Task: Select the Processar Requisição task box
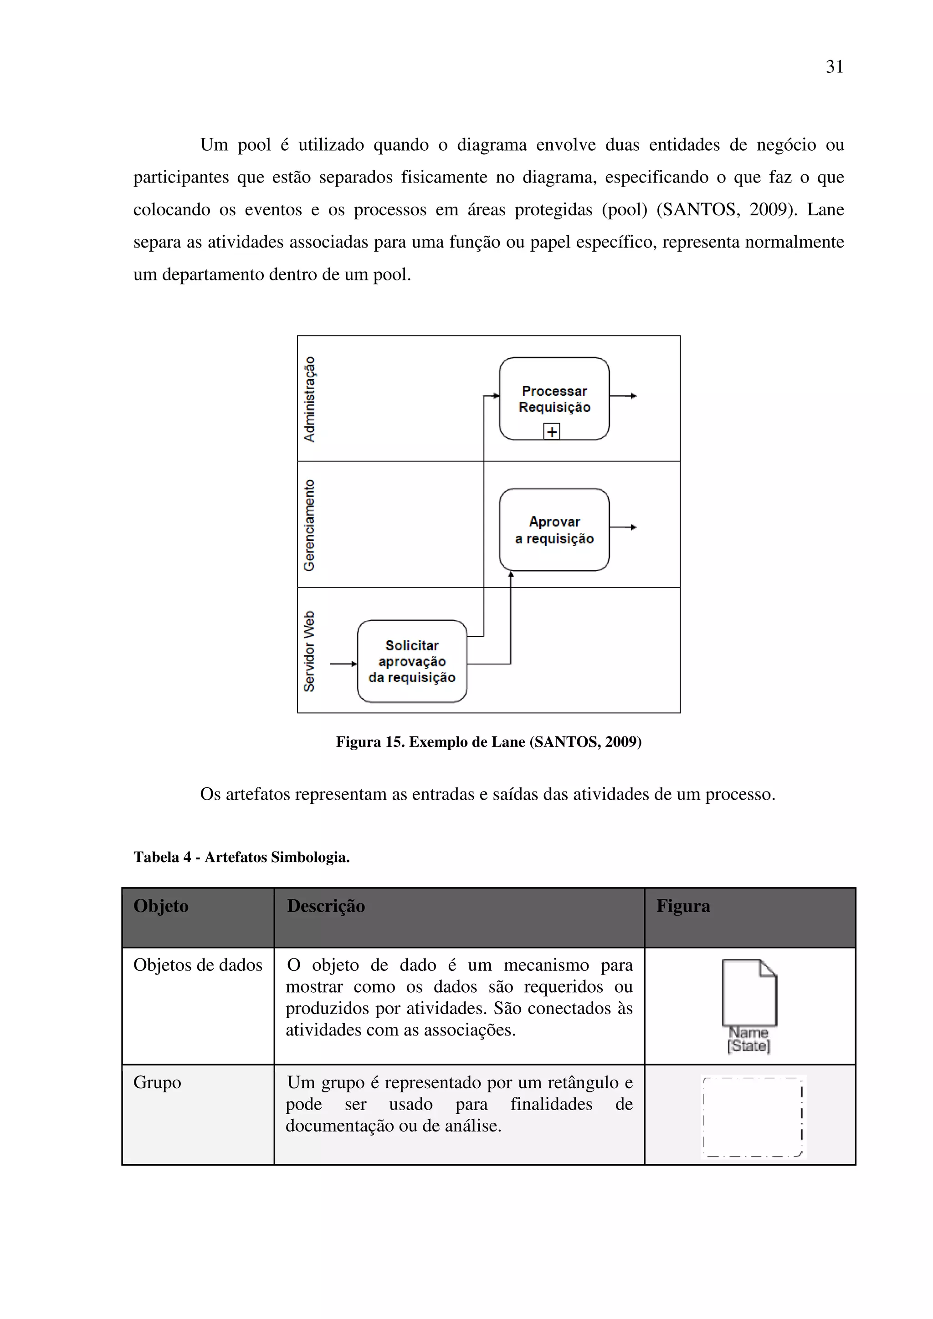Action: (x=554, y=399)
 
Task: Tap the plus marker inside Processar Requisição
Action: (x=551, y=431)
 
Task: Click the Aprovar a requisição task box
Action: (x=554, y=530)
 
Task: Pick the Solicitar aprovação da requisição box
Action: (x=411, y=661)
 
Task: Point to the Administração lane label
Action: (x=309, y=399)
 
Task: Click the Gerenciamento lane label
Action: (x=309, y=525)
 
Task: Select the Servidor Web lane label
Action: (x=309, y=651)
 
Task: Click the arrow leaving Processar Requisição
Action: (x=623, y=396)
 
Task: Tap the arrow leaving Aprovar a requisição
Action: (x=623, y=527)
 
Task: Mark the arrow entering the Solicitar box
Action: (x=343, y=664)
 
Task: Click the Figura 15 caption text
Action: (x=489, y=741)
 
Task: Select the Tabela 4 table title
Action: (x=241, y=857)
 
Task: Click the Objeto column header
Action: (x=161, y=906)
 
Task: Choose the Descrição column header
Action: (x=326, y=906)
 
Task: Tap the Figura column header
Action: (x=683, y=906)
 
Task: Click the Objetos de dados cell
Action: (x=198, y=964)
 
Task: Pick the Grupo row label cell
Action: (x=158, y=1082)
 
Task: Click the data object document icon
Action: (x=749, y=992)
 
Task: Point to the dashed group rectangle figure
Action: (x=753, y=1116)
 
